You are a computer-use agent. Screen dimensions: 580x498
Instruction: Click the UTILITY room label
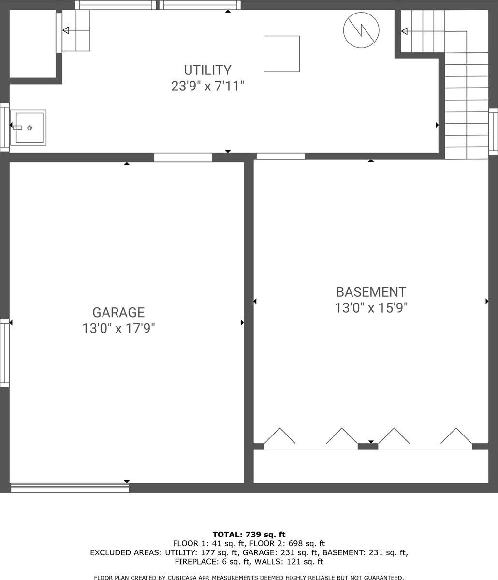(207, 70)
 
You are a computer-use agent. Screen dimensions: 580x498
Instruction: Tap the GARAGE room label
(118, 312)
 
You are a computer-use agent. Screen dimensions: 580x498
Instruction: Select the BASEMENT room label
(371, 292)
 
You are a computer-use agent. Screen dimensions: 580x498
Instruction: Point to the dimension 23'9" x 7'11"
(207, 87)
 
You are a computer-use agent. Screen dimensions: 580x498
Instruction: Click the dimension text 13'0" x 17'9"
(118, 329)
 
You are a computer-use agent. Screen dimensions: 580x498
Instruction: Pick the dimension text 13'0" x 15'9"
(371, 308)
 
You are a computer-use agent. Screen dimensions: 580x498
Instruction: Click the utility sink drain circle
(29, 128)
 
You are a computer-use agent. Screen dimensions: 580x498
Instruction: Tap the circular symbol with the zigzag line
(361, 30)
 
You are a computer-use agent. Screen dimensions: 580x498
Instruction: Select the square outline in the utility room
(281, 54)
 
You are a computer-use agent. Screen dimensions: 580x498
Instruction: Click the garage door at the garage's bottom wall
(70, 488)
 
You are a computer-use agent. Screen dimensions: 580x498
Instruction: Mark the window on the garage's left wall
(4, 353)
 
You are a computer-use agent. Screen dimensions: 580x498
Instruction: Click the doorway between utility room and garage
(183, 157)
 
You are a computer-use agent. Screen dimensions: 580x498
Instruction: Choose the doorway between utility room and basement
(280, 156)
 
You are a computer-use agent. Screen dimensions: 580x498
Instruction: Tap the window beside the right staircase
(493, 131)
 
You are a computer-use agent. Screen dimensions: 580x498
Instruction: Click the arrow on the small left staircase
(66, 30)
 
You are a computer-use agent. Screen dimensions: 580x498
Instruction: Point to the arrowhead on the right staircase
(404, 31)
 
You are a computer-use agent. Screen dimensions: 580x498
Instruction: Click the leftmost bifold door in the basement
(279, 436)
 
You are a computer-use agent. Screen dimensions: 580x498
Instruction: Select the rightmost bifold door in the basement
(456, 436)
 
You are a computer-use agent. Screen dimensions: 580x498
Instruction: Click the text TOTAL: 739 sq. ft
(249, 534)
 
